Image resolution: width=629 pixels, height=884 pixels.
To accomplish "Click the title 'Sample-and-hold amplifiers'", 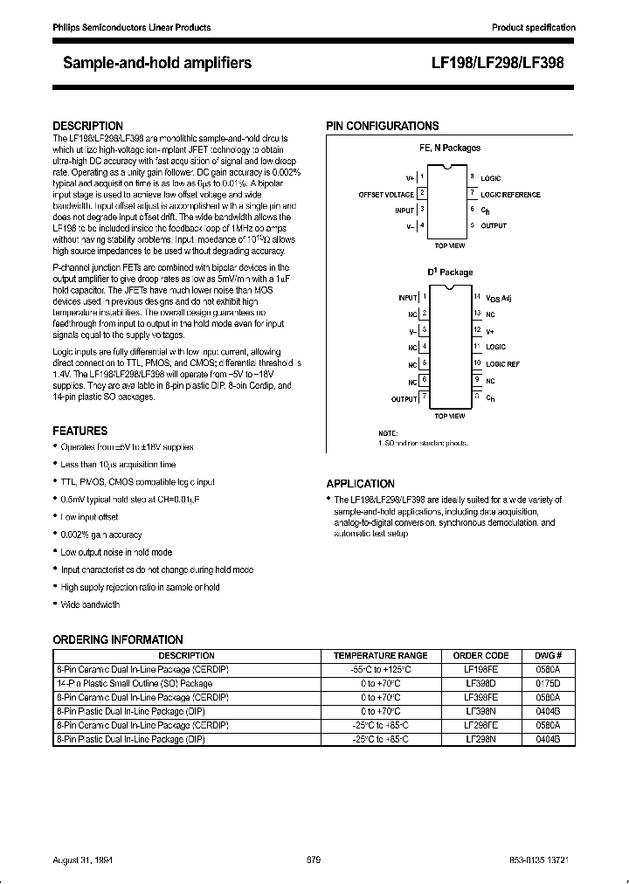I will pos(157,63).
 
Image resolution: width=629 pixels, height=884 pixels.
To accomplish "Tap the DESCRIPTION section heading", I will pos(88,126).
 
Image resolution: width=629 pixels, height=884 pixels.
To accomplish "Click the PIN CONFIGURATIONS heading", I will pos(383,126).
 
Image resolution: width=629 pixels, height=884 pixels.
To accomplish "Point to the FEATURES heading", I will pos(80,431).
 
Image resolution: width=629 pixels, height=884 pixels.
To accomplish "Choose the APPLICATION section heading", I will pos(360,483).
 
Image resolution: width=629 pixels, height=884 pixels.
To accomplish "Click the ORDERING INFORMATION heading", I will pos(118,640).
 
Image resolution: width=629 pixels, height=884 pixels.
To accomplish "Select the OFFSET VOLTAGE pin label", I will pos(386,194).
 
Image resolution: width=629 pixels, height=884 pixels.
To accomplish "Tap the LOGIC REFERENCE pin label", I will pos(511,194).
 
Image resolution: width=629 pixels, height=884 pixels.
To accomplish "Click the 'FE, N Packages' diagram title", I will pos(450,148).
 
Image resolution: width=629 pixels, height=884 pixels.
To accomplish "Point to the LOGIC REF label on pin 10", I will pos(502,363).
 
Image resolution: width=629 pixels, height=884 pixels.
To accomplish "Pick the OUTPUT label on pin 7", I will pos(404,398).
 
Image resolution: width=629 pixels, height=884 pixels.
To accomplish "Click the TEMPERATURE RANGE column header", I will pos(380,655).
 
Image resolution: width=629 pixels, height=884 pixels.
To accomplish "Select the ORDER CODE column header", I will pos(480,655).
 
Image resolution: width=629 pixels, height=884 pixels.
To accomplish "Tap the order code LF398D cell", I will pos(480,683).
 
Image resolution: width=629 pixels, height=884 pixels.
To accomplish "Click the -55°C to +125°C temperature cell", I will pos(380,669).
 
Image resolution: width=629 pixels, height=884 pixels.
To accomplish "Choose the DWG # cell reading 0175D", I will pos(548,683).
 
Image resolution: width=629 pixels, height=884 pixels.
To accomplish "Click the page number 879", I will pos(314,860).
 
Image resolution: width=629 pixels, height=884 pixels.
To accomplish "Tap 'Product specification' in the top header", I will pos(533,28).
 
